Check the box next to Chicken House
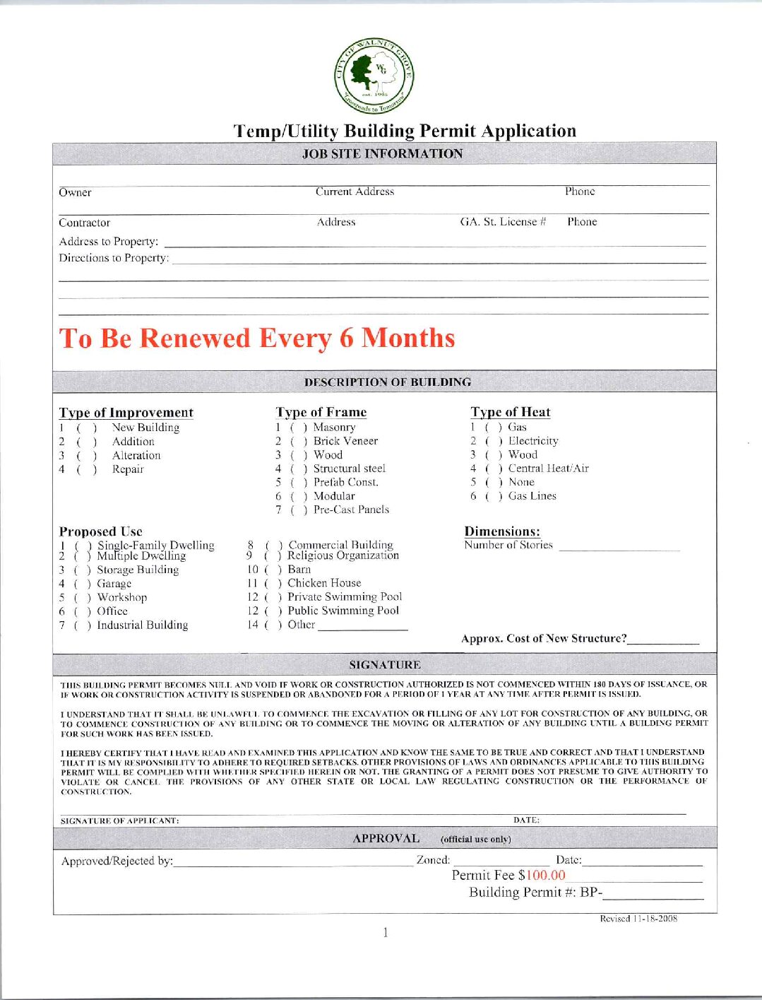click(x=273, y=584)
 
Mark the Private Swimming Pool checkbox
click(x=273, y=598)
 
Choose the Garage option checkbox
click(x=82, y=584)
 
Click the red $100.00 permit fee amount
click(x=542, y=876)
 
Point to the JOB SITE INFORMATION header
click(x=382, y=154)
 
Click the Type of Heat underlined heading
click(x=510, y=413)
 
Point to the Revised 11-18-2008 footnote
click(x=638, y=919)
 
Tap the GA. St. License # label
click(x=503, y=222)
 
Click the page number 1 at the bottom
click(x=385, y=933)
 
